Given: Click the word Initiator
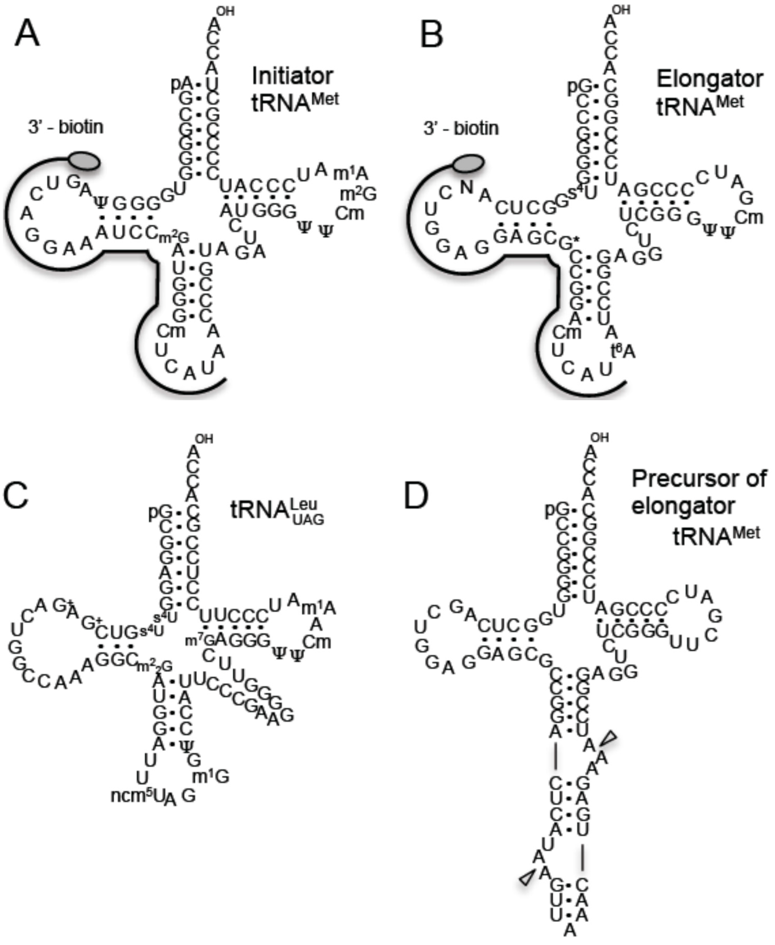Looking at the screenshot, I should pos(292,76).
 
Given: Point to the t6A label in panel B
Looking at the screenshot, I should pos(623,352).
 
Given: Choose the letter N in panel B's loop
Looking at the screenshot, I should pos(467,187).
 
